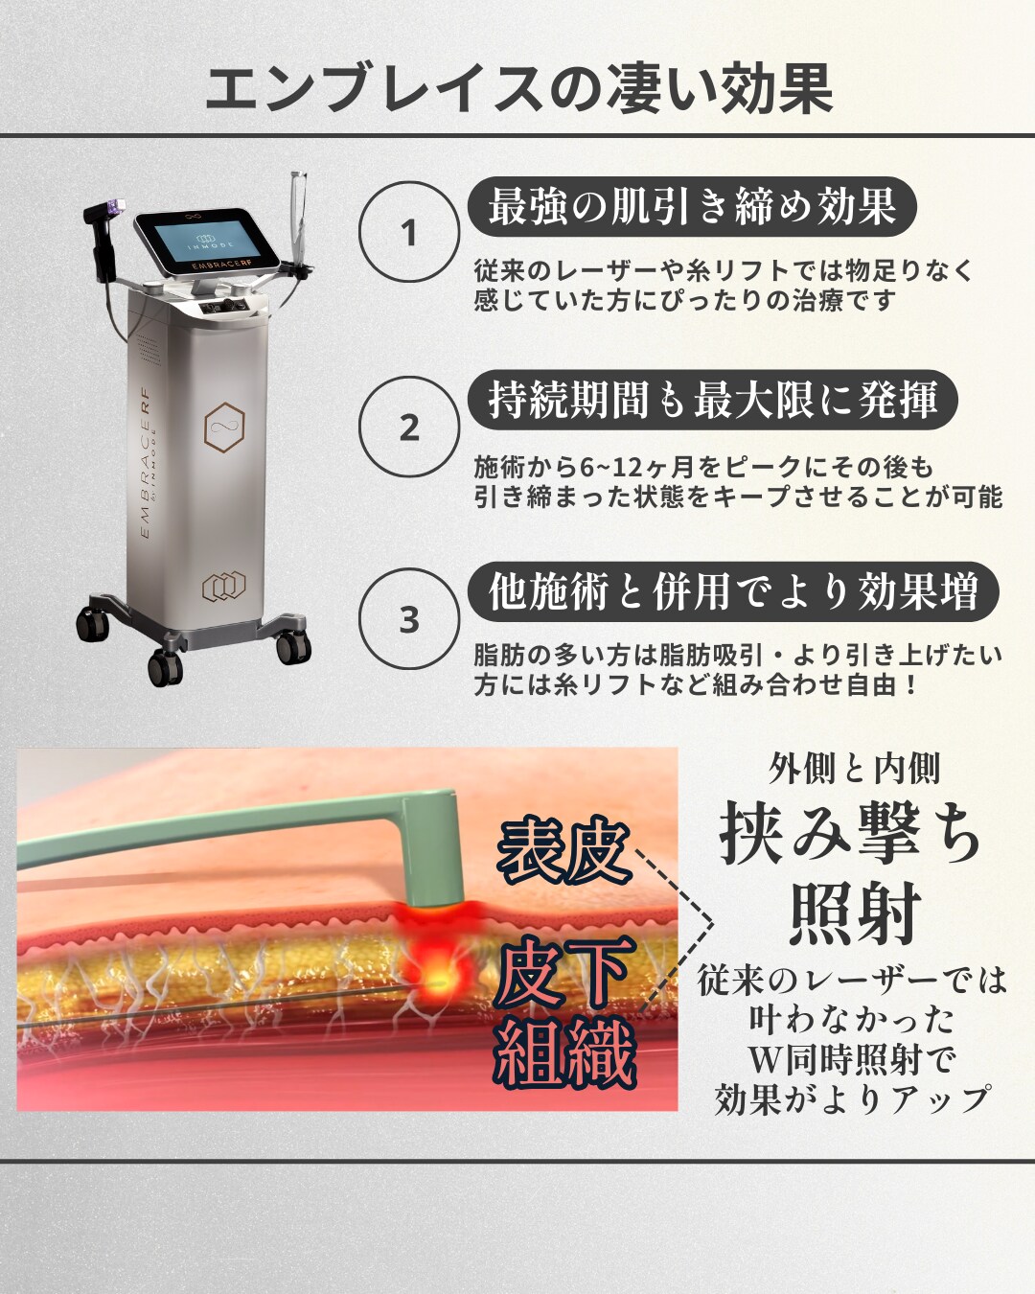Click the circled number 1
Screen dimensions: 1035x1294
409,232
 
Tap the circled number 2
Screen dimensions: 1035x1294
409,427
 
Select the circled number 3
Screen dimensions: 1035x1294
409,619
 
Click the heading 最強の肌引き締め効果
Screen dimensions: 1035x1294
692,206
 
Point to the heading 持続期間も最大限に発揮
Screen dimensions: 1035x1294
713,400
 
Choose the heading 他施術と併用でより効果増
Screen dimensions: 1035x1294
733,591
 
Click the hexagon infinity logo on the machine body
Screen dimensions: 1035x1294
224,427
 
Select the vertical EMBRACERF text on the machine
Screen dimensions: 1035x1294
146,463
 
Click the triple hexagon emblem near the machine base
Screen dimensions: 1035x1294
223,587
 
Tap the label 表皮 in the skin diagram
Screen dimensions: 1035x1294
563,854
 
